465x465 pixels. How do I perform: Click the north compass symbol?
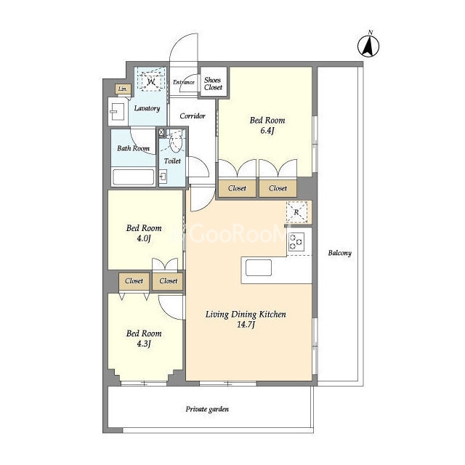368,45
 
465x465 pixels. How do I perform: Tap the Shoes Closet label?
213,84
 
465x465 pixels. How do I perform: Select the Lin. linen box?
123,89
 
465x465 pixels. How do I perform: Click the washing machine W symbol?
151,80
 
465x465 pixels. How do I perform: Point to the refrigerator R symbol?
296,212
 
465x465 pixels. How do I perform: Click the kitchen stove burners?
296,242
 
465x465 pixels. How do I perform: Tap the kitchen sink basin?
259,267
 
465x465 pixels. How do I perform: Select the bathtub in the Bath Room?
134,177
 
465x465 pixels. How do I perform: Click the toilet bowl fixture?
176,142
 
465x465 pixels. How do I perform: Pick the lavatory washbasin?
117,111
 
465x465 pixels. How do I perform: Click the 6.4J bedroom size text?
267,131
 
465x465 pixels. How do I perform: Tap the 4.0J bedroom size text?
144,238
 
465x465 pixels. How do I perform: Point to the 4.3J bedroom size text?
144,344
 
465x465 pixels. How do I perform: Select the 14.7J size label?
246,325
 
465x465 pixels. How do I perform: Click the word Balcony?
340,253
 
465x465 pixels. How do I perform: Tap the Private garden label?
207,409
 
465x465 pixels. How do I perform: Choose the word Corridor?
193,116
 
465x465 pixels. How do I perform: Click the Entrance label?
184,82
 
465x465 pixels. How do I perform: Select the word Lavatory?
147,108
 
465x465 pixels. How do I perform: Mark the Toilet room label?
172,161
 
